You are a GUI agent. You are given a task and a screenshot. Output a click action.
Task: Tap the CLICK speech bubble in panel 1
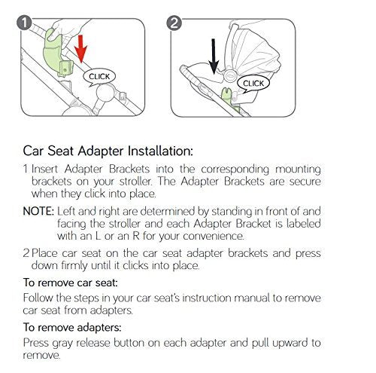tap(99, 77)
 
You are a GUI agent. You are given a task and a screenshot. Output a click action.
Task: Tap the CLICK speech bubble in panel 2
tap(253, 83)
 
